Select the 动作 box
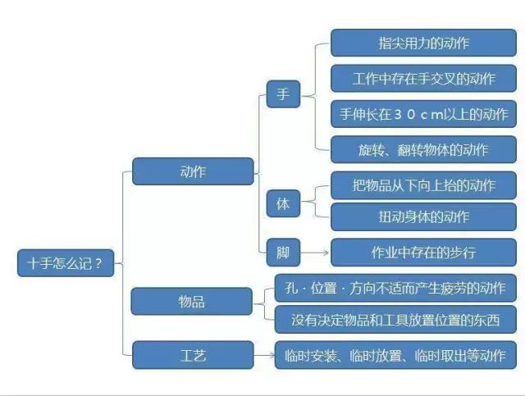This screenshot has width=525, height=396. click(x=193, y=171)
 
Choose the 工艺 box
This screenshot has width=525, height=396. click(x=192, y=356)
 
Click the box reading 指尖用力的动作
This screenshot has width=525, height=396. click(x=423, y=43)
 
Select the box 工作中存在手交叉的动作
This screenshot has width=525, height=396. click(x=423, y=79)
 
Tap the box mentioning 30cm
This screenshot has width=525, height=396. click(x=423, y=114)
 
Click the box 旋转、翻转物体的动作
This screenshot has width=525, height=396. click(x=423, y=150)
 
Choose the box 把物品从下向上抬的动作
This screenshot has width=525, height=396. click(x=423, y=185)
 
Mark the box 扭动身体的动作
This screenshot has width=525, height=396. click(x=423, y=216)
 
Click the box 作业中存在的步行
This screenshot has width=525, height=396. click(x=423, y=253)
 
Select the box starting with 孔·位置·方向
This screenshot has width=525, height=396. click(x=395, y=288)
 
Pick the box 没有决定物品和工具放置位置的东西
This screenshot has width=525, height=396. click(x=395, y=319)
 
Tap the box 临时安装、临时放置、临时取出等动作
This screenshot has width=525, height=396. click(x=395, y=356)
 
